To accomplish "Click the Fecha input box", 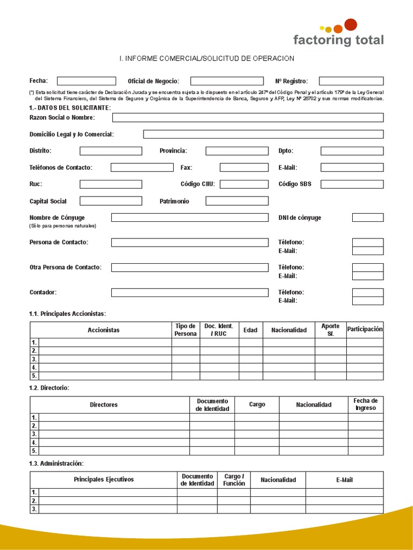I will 86,81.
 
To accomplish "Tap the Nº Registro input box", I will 351,81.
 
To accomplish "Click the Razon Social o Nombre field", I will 247,118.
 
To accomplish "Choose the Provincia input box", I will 237,151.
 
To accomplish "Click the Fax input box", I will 244,168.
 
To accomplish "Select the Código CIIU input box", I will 244,184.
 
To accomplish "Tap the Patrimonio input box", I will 237,201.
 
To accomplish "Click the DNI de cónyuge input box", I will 368,218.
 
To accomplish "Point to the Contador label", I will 43,292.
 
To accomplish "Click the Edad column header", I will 251,330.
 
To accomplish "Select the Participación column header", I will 365,329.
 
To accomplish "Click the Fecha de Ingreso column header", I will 366,404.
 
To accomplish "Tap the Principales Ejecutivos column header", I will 104,479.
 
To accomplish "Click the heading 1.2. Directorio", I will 49,388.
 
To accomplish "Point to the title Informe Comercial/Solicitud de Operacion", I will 206,58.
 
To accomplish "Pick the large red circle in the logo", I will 351,24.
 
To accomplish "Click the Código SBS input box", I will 352,184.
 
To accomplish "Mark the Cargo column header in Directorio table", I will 257,404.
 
